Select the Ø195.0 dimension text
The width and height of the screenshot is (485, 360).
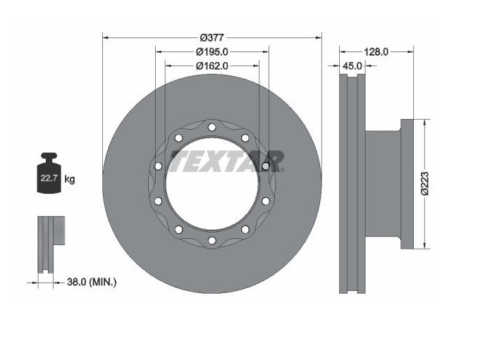pyautogui.click(x=211, y=51)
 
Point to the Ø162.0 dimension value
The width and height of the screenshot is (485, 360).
pyautogui.click(x=211, y=66)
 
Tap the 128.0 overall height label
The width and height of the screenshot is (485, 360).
pyautogui.click(x=376, y=51)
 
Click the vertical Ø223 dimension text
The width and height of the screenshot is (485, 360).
pyautogui.click(x=424, y=183)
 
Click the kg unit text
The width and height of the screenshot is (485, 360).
pyautogui.click(x=70, y=180)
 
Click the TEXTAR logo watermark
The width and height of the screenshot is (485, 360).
pyautogui.click(x=228, y=161)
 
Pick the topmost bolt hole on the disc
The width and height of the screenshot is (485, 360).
pyautogui.click(x=211, y=127)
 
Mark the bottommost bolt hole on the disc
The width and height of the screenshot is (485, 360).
pyautogui.click(x=211, y=241)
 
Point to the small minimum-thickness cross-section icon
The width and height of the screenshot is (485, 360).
pyautogui.click(x=48, y=243)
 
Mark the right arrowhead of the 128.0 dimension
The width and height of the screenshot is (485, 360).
pyautogui.click(x=409, y=51)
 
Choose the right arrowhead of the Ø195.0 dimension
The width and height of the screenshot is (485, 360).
pyautogui.click(x=265, y=51)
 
